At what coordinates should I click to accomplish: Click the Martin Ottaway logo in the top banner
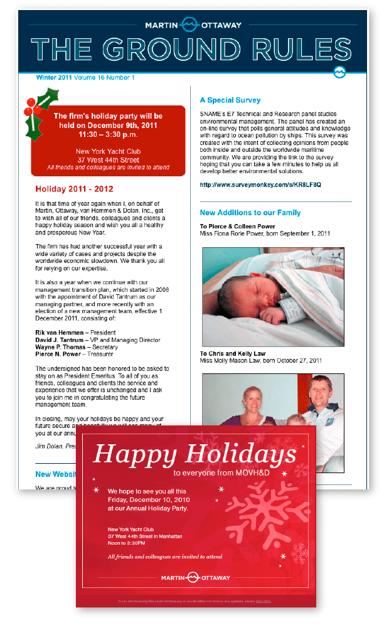coord(193,26)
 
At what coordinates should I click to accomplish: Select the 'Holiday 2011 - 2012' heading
coord(74,189)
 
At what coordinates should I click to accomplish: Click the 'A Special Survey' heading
coord(230,100)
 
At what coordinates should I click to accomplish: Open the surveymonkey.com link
coord(260,185)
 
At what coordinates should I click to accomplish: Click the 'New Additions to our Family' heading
coord(250,213)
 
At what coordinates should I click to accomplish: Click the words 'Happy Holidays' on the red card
coord(194,454)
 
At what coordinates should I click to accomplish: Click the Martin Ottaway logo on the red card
coord(196,577)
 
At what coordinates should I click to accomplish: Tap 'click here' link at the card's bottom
coord(263,601)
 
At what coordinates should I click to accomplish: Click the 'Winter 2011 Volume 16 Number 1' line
coord(85,78)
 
